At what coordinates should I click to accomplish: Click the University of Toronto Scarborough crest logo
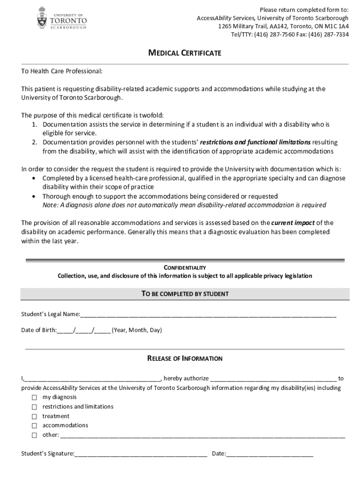(x=42, y=18)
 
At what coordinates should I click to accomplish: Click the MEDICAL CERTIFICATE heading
(x=185, y=53)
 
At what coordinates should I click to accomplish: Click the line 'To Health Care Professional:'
(x=62, y=71)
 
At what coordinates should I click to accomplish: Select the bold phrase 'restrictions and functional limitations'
(x=255, y=142)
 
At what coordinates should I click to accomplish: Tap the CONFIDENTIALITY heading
(x=185, y=268)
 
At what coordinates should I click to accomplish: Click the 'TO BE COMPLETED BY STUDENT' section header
(x=185, y=294)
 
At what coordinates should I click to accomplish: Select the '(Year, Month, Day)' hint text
(x=137, y=330)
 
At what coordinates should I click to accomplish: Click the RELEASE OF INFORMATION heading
(x=185, y=358)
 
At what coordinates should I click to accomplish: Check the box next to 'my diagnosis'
(x=34, y=397)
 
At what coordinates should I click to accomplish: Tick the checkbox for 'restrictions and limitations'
(x=34, y=407)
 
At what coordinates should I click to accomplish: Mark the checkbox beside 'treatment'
(x=34, y=417)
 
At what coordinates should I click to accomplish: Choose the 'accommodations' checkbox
(x=34, y=426)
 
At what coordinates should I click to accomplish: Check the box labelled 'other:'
(x=34, y=435)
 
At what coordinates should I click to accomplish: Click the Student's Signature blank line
(x=141, y=454)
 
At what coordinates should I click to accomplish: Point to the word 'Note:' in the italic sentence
(x=51, y=205)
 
